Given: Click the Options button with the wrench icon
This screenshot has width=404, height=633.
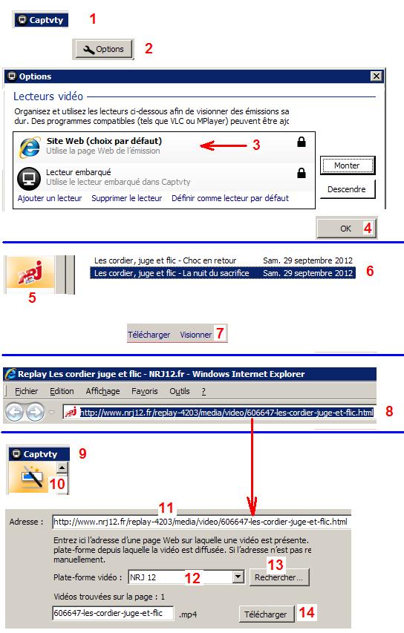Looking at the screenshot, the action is [103, 49].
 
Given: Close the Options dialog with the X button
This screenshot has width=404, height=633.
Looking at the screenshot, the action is [376, 76].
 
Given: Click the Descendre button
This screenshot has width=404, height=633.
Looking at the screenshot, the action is [347, 189].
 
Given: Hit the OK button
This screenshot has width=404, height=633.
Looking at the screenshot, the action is [346, 229].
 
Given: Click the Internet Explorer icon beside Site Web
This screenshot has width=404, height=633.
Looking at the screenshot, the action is [30, 146].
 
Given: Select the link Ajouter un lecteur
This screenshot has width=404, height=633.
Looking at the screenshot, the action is [50, 198].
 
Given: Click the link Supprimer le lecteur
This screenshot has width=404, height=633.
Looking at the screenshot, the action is [126, 198].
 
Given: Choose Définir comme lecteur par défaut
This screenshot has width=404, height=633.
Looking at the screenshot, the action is [230, 198].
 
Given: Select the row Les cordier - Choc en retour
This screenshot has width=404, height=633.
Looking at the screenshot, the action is [223, 260].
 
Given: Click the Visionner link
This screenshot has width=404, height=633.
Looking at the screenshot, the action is [195, 335].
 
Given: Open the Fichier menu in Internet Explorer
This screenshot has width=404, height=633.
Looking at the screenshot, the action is [26, 391].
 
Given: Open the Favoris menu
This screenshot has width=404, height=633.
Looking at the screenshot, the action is [145, 391].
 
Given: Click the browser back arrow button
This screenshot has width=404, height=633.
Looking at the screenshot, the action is [15, 413].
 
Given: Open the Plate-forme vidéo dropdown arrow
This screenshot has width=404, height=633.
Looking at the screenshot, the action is [238, 577].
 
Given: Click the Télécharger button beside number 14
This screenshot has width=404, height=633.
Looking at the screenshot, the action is [265, 614].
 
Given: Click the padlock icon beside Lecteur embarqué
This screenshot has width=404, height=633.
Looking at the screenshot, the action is [302, 173].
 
